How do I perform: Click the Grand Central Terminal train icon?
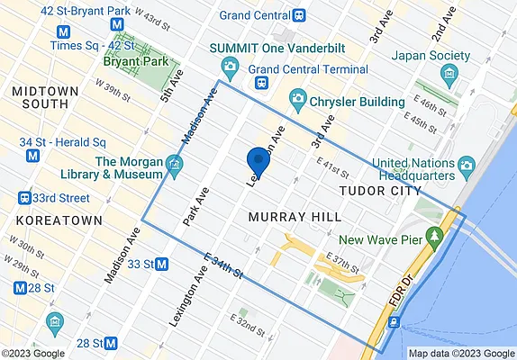[262, 82]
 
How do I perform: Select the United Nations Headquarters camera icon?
[467, 165]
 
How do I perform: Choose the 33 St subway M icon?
[162, 264]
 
